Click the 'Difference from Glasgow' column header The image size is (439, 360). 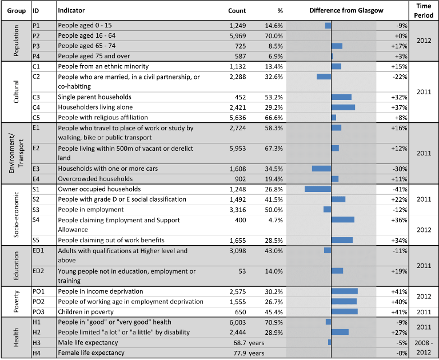tap(346, 11)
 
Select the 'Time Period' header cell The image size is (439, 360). tap(424, 11)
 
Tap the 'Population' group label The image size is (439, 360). tap(16, 41)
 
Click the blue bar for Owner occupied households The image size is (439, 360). tap(318, 189)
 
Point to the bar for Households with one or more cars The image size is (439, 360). tap(321, 169)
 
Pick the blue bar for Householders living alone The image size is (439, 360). tap(343, 107)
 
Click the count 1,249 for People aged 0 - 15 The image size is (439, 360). tap(238, 26)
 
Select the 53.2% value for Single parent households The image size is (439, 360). tap(274, 97)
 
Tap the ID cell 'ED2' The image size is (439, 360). tap(38, 271)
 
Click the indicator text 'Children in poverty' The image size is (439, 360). tap(86, 312)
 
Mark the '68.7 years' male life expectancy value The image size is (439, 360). tap(249, 343)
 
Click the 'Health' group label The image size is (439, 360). tap(16, 337)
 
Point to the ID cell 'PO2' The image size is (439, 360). tap(38, 302)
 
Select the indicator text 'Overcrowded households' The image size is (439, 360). tap(95, 179)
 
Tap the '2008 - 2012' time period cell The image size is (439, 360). tap(424, 347)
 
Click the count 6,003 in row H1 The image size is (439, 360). tap(238, 322)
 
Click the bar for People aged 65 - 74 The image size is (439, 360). tap(337, 46)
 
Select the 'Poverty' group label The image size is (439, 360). tap(16, 302)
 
